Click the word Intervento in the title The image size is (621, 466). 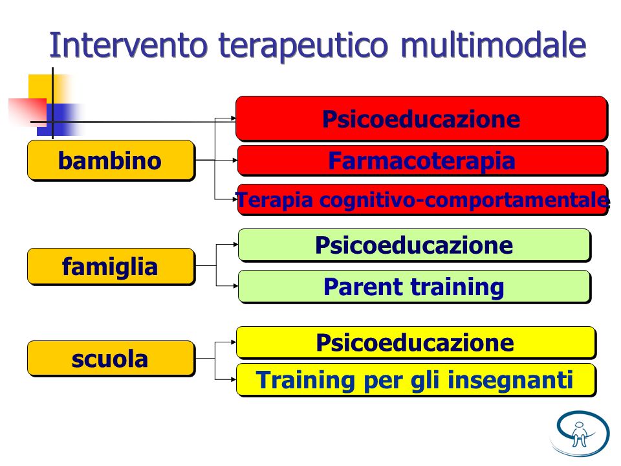click(128, 45)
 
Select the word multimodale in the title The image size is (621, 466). click(493, 45)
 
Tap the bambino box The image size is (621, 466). click(111, 161)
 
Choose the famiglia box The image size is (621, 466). click(111, 266)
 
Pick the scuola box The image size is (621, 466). click(111, 359)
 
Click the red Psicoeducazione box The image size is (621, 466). click(421, 118)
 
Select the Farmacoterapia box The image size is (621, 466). click(422, 161)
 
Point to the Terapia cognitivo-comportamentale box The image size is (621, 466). click(422, 200)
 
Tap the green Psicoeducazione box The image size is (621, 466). click(414, 245)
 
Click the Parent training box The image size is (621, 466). click(414, 287)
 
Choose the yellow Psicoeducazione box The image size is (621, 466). click(416, 342)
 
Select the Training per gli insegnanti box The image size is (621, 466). click(416, 380)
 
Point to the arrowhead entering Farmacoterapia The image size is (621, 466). click(235, 160)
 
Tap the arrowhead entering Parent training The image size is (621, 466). click(235, 285)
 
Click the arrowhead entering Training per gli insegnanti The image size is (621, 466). click(234, 379)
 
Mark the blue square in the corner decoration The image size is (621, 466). click(60, 120)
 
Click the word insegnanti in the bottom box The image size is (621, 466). click(510, 381)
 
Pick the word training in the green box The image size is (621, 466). click(457, 287)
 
